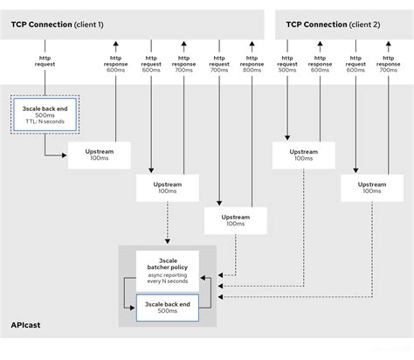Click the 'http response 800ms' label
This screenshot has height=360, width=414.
pos(251,66)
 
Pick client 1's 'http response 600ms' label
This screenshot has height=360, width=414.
pos(115,66)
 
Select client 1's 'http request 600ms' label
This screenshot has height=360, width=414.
pos(151,66)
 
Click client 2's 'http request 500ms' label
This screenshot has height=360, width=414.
pos(286,66)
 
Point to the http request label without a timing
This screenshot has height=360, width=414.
pos(45,61)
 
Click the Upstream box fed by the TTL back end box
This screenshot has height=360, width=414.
pos(99,155)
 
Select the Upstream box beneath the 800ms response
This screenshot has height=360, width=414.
pos(235,219)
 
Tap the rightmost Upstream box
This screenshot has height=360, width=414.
pos(371,188)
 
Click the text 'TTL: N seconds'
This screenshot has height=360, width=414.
pos(45,128)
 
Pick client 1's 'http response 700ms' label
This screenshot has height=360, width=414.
pos(183,66)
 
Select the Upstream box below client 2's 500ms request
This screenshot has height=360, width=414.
pos(303,155)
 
